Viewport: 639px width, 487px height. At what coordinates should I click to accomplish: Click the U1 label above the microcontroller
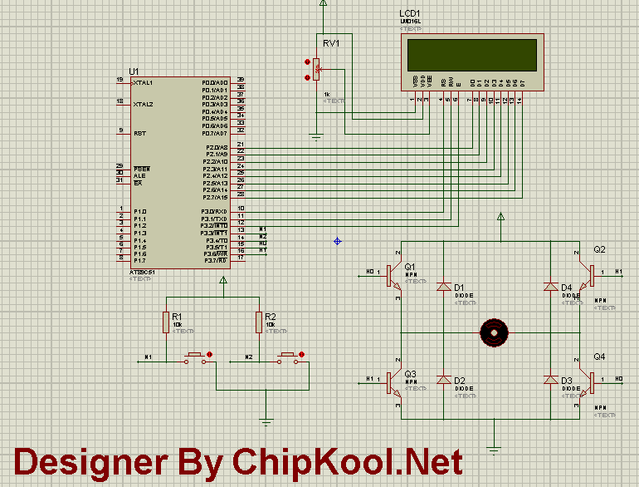coord(134,71)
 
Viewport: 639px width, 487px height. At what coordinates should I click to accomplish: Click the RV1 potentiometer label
coord(330,43)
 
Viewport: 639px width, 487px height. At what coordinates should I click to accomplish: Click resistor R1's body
coord(166,322)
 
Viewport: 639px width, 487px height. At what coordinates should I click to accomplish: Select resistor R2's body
coord(259,322)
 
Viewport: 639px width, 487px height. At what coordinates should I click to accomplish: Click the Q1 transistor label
coord(410,267)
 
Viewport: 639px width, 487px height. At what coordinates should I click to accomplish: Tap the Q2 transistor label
coord(599,249)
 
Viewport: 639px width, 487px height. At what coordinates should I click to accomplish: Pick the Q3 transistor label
coord(410,374)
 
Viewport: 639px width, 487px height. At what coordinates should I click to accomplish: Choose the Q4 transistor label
coord(599,357)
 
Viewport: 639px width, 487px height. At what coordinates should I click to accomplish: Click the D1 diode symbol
coord(443,287)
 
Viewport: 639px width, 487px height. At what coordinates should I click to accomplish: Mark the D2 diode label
coord(460,381)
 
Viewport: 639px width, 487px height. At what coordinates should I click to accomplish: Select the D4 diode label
coord(568,288)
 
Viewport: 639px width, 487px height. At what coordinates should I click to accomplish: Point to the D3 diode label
coord(568,381)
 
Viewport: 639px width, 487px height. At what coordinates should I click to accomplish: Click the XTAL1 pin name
coord(142,83)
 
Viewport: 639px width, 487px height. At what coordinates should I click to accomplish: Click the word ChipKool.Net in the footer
coord(347,462)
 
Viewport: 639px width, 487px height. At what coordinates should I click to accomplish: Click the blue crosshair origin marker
coord(337,241)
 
